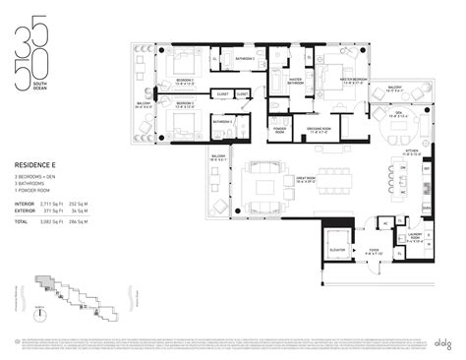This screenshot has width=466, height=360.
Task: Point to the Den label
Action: click(400, 112)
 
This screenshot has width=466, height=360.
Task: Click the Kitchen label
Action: click(410, 150)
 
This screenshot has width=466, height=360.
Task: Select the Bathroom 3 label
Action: click(223, 121)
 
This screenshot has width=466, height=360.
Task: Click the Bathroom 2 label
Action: click(245, 58)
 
